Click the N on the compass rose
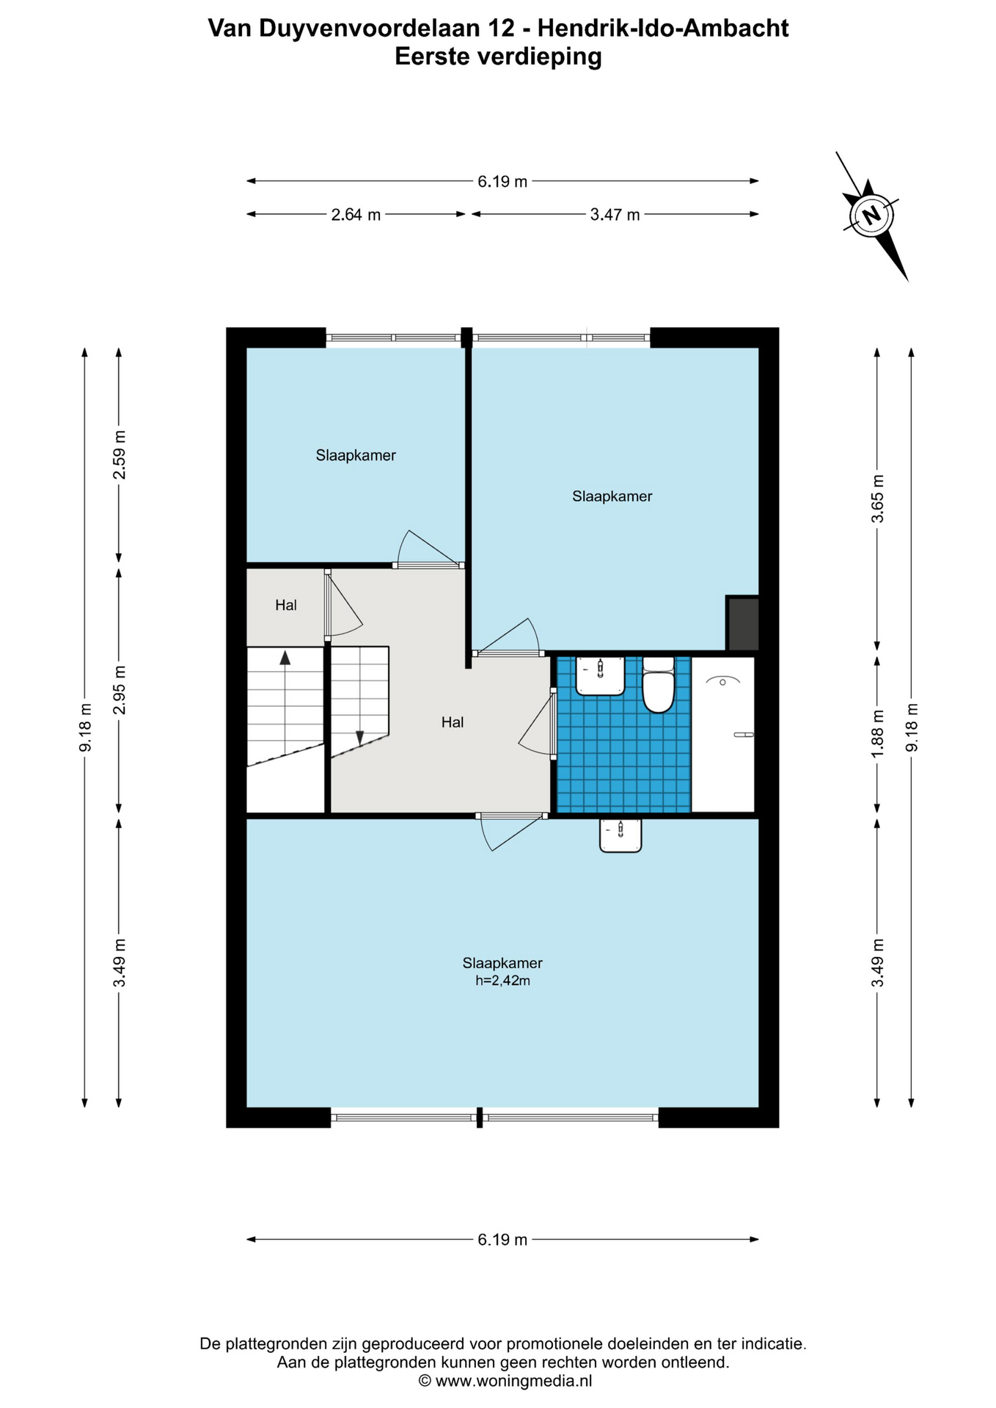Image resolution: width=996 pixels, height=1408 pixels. click(x=871, y=216)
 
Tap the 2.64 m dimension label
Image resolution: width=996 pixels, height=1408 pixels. click(x=356, y=215)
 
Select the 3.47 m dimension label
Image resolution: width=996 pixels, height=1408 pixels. click(x=615, y=215)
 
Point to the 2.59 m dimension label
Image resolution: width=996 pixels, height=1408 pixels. click(x=119, y=455)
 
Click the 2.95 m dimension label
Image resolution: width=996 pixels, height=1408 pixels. click(x=119, y=690)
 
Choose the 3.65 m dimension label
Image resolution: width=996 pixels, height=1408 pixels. click(x=877, y=499)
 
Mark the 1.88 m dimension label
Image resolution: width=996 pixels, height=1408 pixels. click(x=877, y=734)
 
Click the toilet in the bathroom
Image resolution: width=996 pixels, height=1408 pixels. click(x=658, y=685)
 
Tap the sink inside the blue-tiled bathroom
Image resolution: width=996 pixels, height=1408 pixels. click(x=600, y=675)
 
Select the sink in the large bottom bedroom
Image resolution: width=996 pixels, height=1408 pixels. click(x=620, y=835)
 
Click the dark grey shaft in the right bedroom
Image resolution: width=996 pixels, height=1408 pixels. click(x=742, y=623)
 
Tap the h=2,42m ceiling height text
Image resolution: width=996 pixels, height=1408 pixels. click(x=502, y=980)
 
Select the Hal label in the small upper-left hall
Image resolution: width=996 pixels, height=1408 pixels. click(x=286, y=605)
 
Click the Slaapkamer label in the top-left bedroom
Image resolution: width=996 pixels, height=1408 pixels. click(x=356, y=455)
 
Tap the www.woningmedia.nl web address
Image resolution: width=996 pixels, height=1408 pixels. click(x=513, y=1381)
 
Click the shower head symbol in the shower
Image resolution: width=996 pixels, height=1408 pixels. click(x=723, y=681)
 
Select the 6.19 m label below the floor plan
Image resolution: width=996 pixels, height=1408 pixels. click(x=502, y=1239)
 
